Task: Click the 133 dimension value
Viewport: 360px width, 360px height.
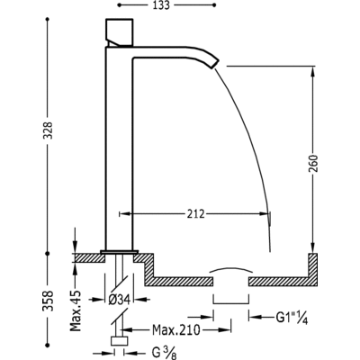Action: (160, 5)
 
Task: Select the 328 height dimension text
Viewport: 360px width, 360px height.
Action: (49, 130)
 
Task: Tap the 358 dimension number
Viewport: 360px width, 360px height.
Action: (49, 301)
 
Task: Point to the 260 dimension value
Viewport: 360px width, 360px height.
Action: (313, 163)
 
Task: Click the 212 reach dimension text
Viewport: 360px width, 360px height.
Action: (195, 214)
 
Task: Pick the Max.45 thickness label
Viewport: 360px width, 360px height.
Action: (76, 310)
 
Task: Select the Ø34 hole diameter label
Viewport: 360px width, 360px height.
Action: (119, 300)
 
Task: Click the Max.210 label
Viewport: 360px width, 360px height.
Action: (176, 330)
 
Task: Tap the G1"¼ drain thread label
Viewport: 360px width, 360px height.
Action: (292, 318)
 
